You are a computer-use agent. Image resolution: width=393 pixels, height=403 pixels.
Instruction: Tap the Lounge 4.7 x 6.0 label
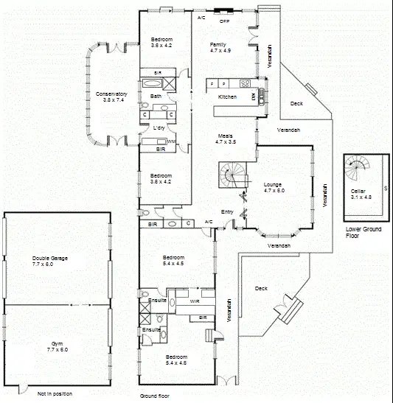[x=274, y=187]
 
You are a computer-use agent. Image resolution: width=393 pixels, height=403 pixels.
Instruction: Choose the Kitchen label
[x=227, y=97]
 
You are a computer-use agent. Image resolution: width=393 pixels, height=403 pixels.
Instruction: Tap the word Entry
[x=227, y=212]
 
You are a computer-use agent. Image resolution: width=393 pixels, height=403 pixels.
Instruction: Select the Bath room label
[x=156, y=97]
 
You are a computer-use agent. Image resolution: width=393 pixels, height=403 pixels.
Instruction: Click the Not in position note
[x=55, y=393]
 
